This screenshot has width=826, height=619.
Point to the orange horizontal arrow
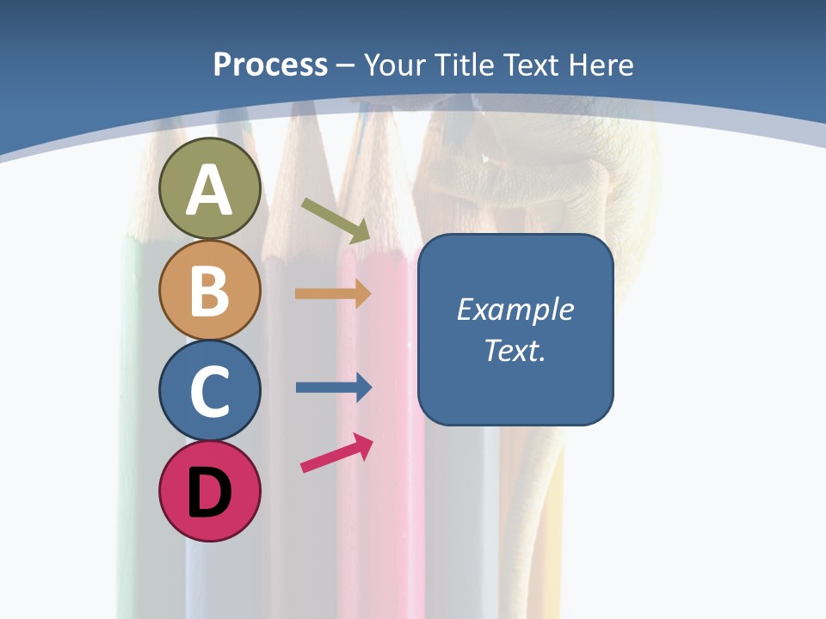pyautogui.click(x=333, y=294)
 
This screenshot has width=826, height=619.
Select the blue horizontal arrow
pyautogui.click(x=333, y=388)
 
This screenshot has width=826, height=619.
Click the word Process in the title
pyautogui.click(x=270, y=64)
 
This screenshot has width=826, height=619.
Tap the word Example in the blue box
pyautogui.click(x=515, y=309)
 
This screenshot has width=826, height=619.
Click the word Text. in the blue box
pyautogui.click(x=515, y=350)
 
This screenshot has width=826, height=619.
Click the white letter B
pyautogui.click(x=209, y=291)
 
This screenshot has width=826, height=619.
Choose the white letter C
pyautogui.click(x=209, y=390)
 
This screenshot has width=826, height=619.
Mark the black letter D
pyautogui.click(x=209, y=493)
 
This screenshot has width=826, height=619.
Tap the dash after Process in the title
pyautogui.click(x=346, y=65)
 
